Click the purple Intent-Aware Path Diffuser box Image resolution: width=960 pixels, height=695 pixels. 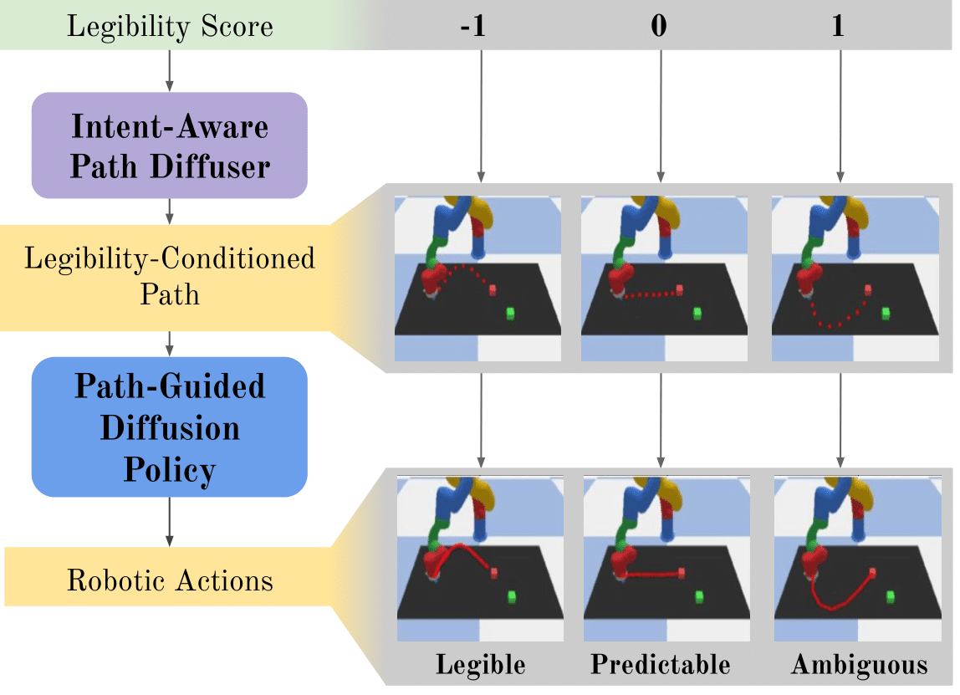tap(170, 146)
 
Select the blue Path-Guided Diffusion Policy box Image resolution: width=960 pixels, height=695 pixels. tap(170, 427)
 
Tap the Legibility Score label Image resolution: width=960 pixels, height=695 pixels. tap(170, 26)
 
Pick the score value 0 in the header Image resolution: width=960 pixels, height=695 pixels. tap(660, 26)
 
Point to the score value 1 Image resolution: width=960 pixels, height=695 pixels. tap(839, 26)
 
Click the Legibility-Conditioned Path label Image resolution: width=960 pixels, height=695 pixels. tap(170, 275)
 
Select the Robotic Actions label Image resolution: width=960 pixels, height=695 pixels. tap(170, 580)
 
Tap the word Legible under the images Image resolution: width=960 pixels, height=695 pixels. tap(480, 665)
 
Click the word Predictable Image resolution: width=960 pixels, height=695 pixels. tap(660, 665)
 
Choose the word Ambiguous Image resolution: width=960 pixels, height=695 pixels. tap(859, 665)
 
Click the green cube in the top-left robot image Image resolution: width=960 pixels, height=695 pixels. tap(509, 313)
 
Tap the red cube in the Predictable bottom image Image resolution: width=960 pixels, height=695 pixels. tap(681, 573)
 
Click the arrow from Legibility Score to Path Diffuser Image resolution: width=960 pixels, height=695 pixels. tap(170, 70)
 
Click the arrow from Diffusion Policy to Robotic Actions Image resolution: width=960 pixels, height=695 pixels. tap(170, 521)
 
